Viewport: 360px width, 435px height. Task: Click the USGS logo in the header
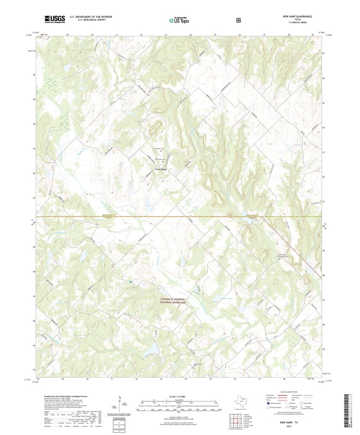(54, 19)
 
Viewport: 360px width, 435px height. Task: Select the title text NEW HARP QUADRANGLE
(298, 16)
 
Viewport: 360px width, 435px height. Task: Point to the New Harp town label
(161, 169)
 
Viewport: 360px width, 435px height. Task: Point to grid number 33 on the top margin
(166, 34)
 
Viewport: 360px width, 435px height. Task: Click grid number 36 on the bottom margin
(235, 379)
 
